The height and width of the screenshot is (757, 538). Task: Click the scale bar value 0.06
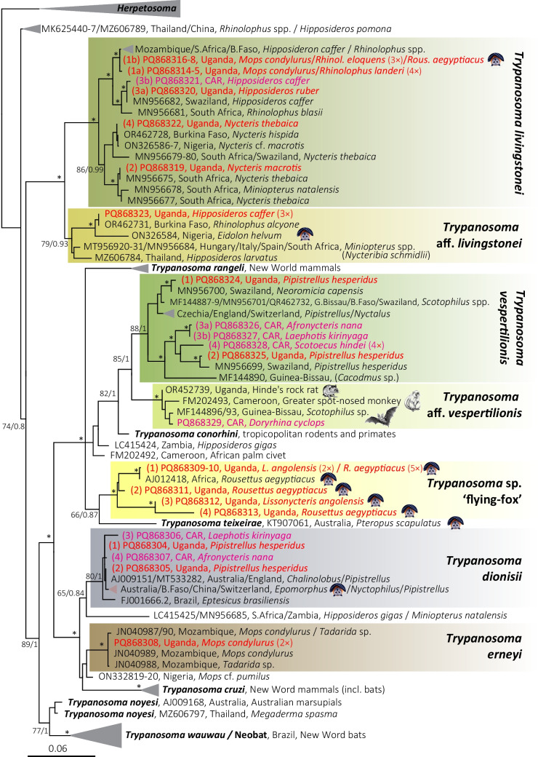[62, 747]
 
